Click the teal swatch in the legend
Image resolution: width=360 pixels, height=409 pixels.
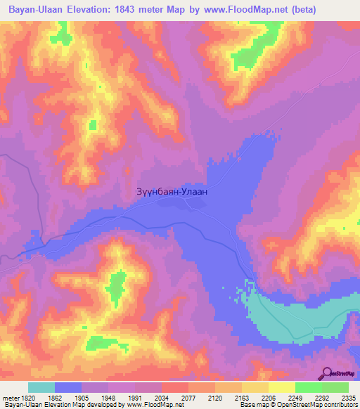coord(41,387)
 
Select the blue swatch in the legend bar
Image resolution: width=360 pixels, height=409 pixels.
coord(68,387)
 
